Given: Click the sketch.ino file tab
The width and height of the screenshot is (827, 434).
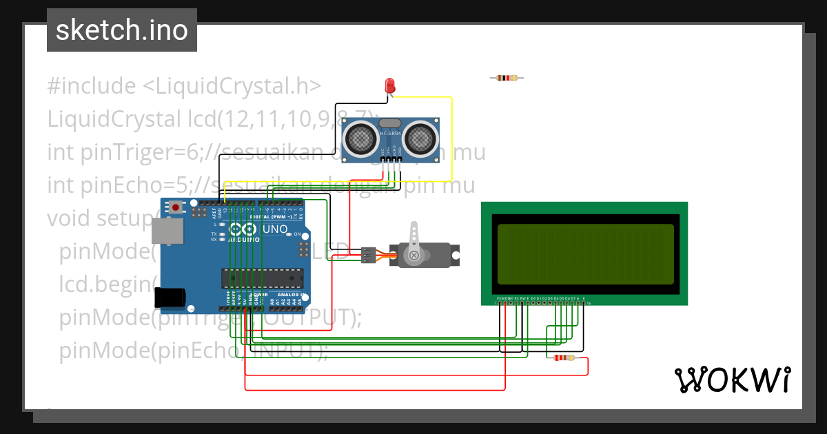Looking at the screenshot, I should pyautogui.click(x=121, y=30).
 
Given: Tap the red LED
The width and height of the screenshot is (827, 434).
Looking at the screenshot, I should pyautogui.click(x=389, y=86).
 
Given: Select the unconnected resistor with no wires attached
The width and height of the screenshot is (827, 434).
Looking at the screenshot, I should pyautogui.click(x=507, y=78).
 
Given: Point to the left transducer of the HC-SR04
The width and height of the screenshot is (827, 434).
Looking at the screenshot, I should pyautogui.click(x=360, y=139).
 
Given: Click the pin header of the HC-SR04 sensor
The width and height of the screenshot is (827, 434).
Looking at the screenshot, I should pyautogui.click(x=391, y=160).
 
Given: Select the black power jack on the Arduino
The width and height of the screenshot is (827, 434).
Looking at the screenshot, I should pyautogui.click(x=170, y=297).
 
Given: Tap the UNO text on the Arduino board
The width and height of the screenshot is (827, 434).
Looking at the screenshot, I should pyautogui.click(x=275, y=229).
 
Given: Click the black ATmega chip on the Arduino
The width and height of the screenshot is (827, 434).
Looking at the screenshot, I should pyautogui.click(x=262, y=278).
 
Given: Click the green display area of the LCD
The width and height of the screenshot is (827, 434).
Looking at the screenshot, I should pyautogui.click(x=584, y=254).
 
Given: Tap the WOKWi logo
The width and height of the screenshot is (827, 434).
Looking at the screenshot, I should pyautogui.click(x=732, y=380).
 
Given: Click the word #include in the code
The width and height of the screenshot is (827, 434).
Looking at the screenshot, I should pyautogui.click(x=92, y=87).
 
